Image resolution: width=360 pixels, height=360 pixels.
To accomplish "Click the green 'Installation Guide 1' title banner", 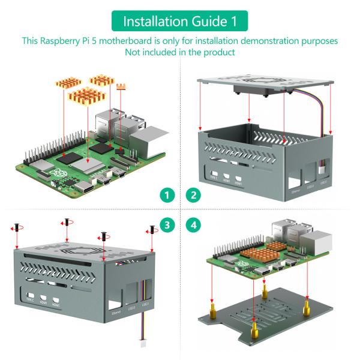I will click(179, 21).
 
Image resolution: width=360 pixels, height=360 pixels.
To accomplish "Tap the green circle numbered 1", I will click(169, 195).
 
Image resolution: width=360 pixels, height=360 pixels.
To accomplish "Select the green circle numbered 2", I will click(193, 195).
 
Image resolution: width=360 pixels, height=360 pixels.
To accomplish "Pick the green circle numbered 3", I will click(169, 226).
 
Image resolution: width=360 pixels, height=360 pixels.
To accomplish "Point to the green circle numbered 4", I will click(193, 226).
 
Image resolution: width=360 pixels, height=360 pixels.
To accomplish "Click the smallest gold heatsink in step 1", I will click(122, 88).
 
